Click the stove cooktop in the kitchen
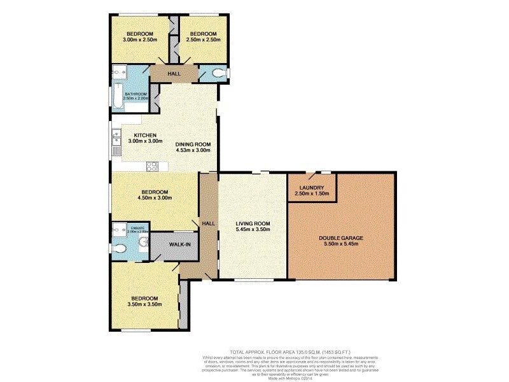coord(153,167)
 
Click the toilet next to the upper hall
coord(220,74)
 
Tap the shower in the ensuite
coord(118,229)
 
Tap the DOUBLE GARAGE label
coord(341,237)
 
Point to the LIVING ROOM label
coord(253,223)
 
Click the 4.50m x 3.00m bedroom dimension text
coord(155,198)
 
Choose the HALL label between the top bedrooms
coord(174,74)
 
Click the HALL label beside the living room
coord(208,223)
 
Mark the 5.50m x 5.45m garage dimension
coord(341,244)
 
